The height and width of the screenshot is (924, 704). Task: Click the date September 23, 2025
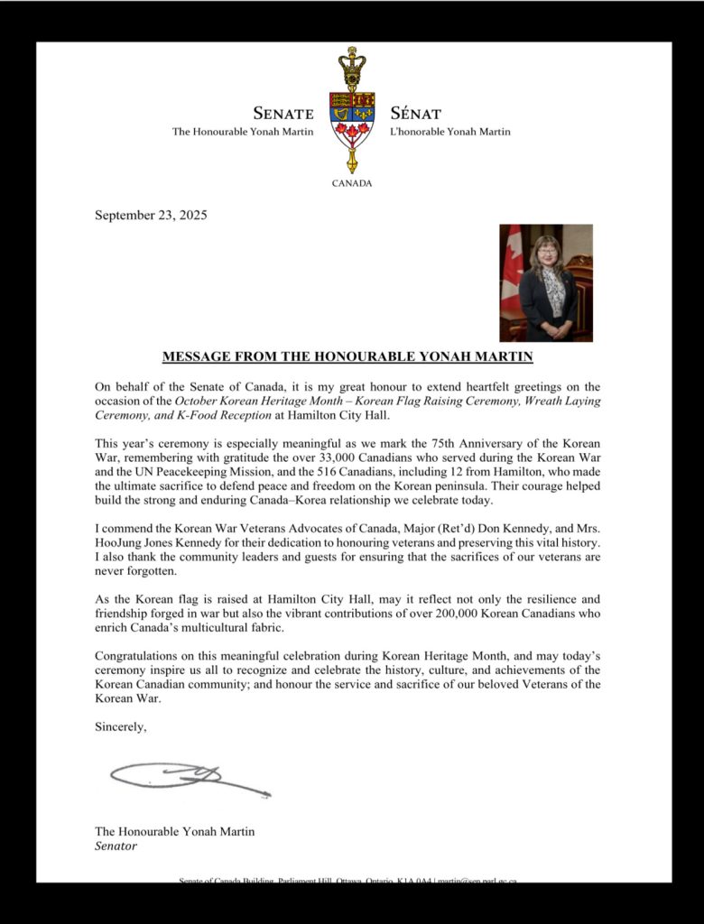(x=151, y=215)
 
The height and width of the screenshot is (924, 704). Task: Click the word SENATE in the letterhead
(x=283, y=114)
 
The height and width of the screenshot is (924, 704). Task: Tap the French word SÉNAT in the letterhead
(x=416, y=114)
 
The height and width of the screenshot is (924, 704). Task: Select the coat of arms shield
(x=352, y=119)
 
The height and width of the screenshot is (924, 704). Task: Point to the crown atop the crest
(x=352, y=66)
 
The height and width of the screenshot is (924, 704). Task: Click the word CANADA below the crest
(x=352, y=183)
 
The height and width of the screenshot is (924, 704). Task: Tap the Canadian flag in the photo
(x=513, y=262)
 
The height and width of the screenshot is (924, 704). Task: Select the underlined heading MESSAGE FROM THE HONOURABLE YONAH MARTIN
(x=347, y=356)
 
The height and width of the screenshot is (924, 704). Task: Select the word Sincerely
(x=120, y=726)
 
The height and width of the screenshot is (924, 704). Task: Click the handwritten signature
(x=190, y=777)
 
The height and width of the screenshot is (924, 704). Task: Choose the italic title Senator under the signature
(x=116, y=846)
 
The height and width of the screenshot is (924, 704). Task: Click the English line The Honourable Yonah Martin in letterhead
(x=243, y=132)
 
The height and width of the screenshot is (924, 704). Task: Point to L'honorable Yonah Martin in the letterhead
(x=450, y=132)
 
